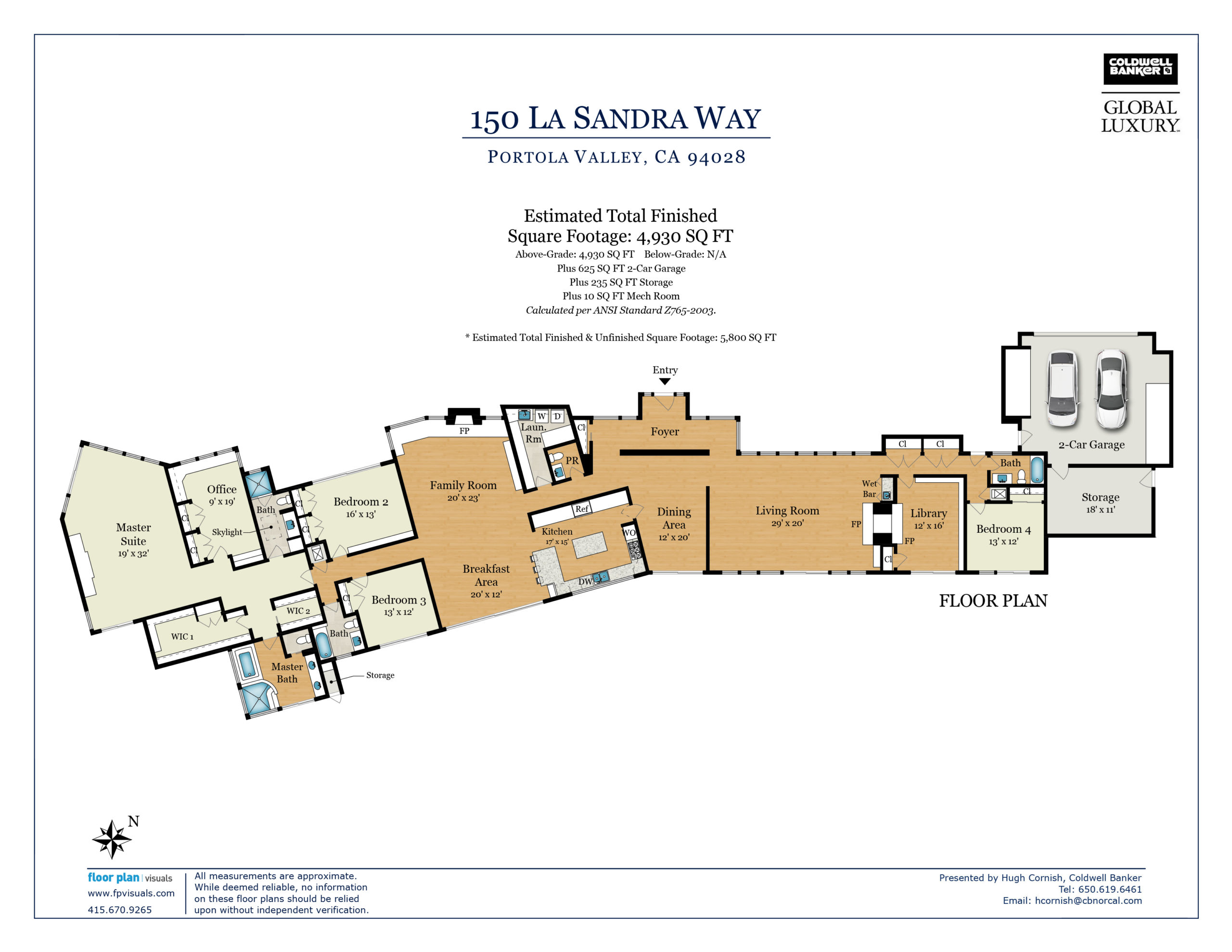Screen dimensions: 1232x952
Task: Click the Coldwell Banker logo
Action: pos(1140,69)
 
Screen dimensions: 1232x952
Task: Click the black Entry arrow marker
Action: pos(665,382)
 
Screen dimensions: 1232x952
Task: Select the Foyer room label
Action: pos(665,432)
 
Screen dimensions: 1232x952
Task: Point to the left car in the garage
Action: pos(1062,389)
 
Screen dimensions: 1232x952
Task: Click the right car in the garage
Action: pos(1111,389)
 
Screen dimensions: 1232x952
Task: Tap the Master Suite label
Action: pos(133,534)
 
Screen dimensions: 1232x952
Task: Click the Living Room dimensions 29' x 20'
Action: pos(787,523)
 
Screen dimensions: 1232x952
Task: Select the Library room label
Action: pos(928,513)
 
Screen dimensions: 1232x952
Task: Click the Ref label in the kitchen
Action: pos(581,509)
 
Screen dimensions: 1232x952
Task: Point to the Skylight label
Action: pos(227,532)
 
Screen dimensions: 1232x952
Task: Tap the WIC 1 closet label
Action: pos(182,637)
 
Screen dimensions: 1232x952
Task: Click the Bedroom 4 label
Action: pos(1003,529)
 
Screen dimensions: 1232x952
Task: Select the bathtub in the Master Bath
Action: pos(247,664)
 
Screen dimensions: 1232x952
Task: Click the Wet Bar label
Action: pos(869,489)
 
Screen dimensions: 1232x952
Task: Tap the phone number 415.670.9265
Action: pos(119,910)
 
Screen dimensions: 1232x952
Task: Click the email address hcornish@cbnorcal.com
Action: pos(1088,901)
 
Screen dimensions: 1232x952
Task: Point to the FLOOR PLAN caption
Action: pos(993,601)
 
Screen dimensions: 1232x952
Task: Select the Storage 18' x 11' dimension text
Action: pos(1101,510)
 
